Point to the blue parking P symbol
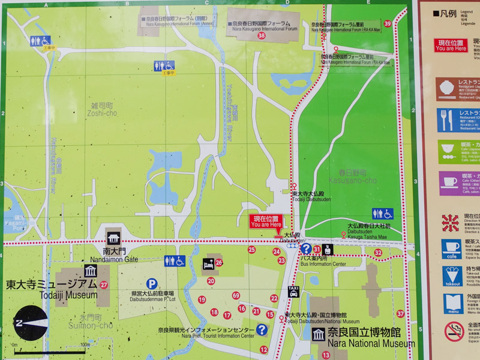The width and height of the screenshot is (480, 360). pos(152,283)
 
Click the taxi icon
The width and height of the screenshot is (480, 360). pos(293,292)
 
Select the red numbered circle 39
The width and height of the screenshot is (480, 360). pos(388,24)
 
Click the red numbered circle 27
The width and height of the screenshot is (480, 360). pos(104,284)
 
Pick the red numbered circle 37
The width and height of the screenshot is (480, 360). pos(400,314)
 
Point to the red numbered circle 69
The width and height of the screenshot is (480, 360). pos(236,295)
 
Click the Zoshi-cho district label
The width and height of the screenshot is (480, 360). pos(101,109)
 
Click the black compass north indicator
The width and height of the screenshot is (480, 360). pos(31,323)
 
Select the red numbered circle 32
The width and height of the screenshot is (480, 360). pos(378,253)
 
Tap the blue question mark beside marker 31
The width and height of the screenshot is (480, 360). pos(306,248)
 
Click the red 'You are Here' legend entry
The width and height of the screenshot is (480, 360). pos(451,45)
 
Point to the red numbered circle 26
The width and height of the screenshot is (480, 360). pos(219,262)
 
